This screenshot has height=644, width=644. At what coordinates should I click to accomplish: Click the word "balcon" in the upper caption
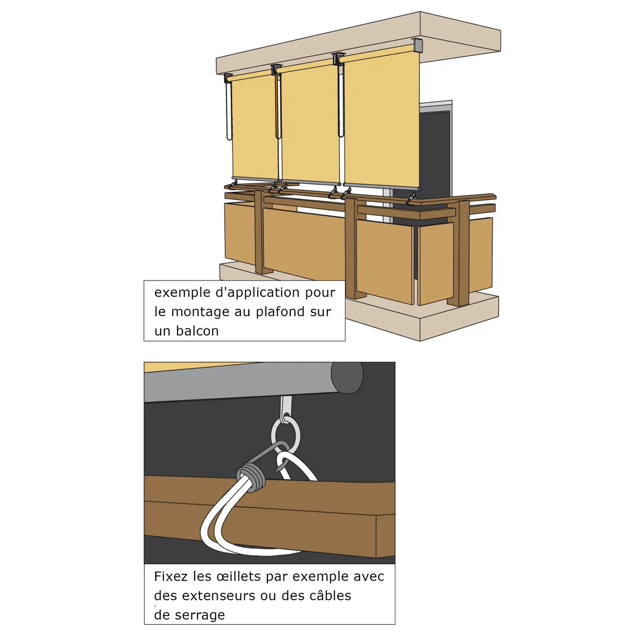197,331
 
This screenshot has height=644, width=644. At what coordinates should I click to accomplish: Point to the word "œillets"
238,577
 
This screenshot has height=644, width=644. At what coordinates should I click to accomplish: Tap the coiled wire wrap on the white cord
251,475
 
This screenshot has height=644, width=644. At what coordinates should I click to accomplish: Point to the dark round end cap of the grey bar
347,377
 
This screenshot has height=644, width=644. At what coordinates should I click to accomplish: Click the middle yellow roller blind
310,123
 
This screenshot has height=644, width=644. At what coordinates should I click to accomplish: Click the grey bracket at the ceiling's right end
418,45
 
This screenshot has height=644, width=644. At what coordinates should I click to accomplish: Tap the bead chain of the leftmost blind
229,111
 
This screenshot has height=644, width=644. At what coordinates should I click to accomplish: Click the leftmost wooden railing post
260,232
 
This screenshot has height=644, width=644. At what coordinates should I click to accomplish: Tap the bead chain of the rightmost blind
341,101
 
